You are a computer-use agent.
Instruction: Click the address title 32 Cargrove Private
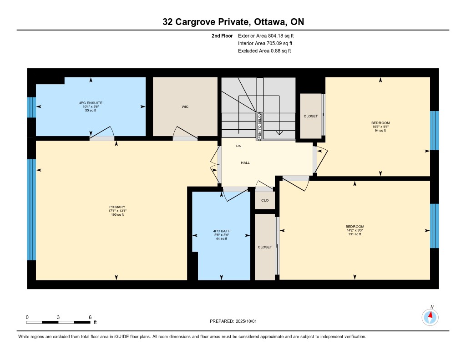(x=205, y=22)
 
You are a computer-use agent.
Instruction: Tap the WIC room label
(x=185, y=106)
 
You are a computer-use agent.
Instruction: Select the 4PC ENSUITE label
(x=91, y=103)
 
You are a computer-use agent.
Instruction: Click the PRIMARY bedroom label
(x=117, y=207)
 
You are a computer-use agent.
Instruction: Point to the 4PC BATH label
(x=222, y=231)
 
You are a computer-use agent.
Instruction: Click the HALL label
(x=245, y=162)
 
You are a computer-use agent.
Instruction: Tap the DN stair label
(x=238, y=146)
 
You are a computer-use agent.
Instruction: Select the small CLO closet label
(x=265, y=200)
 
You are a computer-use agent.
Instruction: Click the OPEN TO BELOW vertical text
(x=259, y=127)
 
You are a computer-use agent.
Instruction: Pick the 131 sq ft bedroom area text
(x=355, y=234)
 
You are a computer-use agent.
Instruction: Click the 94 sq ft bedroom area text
(x=380, y=131)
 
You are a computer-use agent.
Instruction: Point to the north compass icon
(x=430, y=317)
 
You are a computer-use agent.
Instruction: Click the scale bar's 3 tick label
(x=58, y=317)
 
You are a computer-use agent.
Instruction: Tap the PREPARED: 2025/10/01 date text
(x=233, y=321)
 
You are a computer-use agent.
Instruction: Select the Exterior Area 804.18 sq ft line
(x=266, y=36)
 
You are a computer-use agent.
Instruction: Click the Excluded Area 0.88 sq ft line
(x=264, y=51)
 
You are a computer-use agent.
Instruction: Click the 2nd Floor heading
(x=222, y=36)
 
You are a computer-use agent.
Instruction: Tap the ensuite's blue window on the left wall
(x=31, y=107)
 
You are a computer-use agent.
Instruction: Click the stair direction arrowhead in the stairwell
(x=279, y=132)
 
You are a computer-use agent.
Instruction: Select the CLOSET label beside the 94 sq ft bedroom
(x=310, y=116)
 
